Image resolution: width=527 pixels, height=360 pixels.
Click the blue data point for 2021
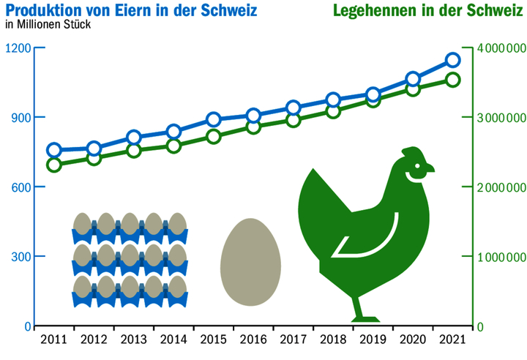(x=452, y=60)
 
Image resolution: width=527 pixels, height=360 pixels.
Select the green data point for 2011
(x=53, y=165)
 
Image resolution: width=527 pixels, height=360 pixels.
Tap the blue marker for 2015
(x=213, y=120)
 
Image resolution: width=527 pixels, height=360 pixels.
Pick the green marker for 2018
(x=333, y=111)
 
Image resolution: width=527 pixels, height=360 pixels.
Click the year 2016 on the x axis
(x=253, y=340)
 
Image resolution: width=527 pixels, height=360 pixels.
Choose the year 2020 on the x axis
(x=413, y=340)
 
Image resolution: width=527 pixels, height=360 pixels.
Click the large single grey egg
(x=250, y=262)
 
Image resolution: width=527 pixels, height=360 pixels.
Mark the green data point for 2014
(x=173, y=146)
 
